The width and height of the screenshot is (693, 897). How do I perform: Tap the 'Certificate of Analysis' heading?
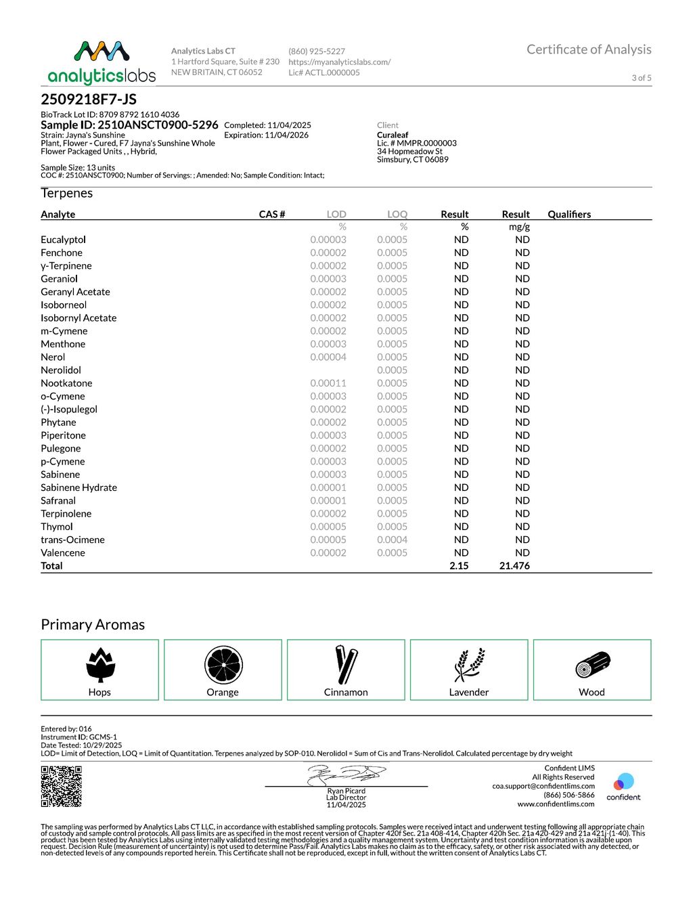(x=589, y=49)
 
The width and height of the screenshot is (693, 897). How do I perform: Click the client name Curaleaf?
(x=393, y=135)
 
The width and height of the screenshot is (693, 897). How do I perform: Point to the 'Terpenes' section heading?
(x=66, y=193)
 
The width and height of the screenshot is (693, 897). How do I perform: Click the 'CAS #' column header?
(x=272, y=214)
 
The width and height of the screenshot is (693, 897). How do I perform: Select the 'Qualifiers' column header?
(x=569, y=214)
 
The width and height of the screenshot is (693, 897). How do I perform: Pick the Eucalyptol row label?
(x=63, y=240)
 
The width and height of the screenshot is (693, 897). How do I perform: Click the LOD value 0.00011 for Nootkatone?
(x=328, y=383)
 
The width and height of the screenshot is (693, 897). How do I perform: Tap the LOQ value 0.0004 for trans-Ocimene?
(x=392, y=540)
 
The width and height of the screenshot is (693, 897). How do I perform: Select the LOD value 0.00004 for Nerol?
(x=328, y=357)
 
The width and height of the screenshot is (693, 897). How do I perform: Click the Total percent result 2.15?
(x=459, y=566)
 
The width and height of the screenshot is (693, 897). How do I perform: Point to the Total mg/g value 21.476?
(x=514, y=566)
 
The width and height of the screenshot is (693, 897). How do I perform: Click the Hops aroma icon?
(x=100, y=665)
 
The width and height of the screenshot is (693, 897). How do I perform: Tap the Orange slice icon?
(x=223, y=665)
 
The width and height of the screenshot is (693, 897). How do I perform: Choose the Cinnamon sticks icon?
(x=346, y=665)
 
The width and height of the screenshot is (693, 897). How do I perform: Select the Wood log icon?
(x=593, y=665)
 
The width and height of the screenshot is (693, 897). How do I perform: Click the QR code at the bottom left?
(x=62, y=786)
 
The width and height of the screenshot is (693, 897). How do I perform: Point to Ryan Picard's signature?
(x=346, y=774)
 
